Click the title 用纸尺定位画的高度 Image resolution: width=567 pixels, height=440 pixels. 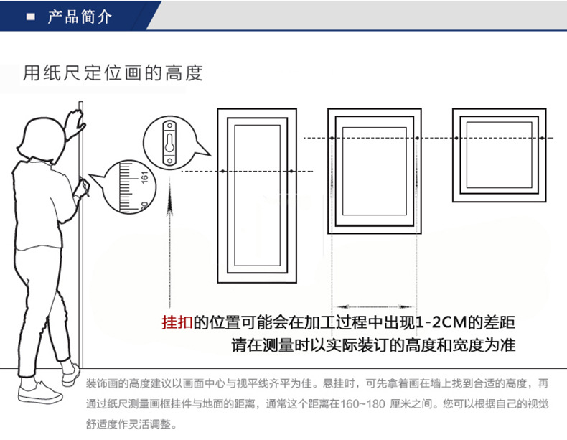coord(113,73)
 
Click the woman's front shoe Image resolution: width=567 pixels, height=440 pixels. coord(40,392)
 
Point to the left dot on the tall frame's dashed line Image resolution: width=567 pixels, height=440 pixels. coord(224,171)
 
